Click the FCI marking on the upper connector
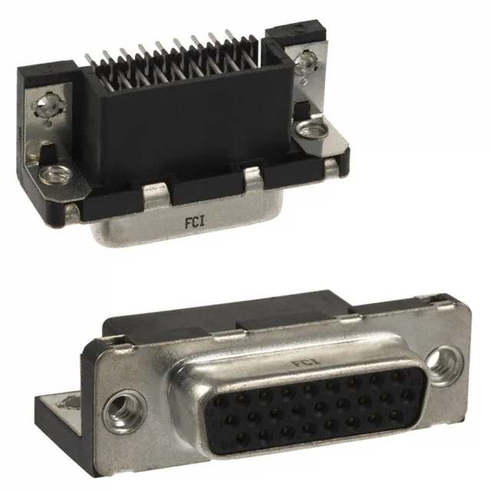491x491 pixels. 195,222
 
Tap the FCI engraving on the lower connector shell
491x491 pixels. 306,363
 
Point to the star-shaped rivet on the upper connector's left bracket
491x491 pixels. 49,105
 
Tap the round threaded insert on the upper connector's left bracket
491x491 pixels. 55,174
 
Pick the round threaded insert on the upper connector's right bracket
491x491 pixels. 312,129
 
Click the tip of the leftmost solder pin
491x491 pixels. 87,55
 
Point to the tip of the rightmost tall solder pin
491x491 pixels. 227,31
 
